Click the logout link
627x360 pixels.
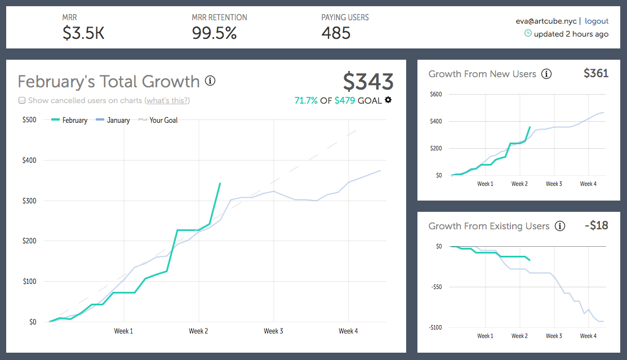[x=597, y=21]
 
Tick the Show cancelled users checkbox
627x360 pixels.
[x=22, y=101]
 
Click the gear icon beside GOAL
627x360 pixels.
[x=388, y=100]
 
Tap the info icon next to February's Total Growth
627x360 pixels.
[x=210, y=81]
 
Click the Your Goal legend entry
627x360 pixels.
[x=163, y=120]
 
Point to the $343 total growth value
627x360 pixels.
[x=368, y=82]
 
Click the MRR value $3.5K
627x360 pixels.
[x=83, y=33]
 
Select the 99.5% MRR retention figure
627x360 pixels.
[x=214, y=33]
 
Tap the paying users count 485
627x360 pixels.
[x=336, y=33]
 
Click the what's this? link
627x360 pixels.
[x=167, y=101]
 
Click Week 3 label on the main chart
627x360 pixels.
[x=273, y=331]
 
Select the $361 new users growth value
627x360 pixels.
[x=596, y=73]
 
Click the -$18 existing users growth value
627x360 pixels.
[x=597, y=225]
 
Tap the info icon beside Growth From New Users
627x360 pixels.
[x=546, y=74]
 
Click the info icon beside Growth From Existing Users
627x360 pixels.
[x=559, y=226]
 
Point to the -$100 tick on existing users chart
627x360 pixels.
[x=435, y=327]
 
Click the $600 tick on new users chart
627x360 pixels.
[x=435, y=94]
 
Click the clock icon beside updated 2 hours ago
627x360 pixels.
[x=528, y=33]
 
